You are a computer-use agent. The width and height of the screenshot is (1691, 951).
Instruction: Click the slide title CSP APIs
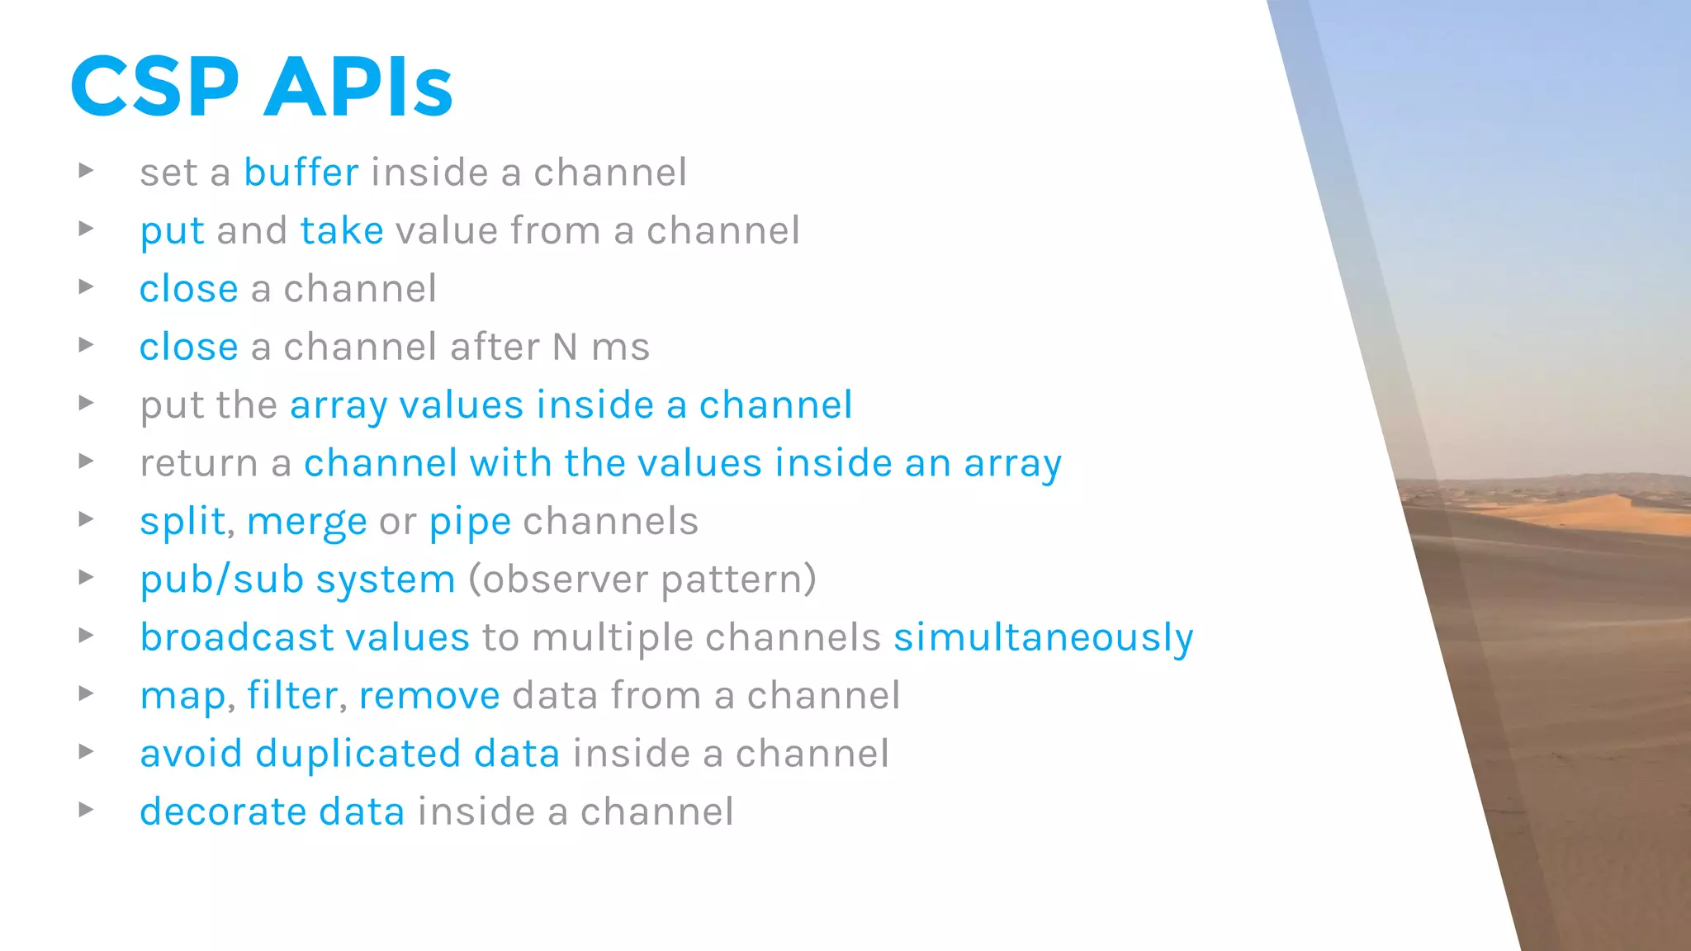[x=262, y=87]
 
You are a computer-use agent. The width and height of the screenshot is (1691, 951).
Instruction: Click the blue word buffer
[x=301, y=173]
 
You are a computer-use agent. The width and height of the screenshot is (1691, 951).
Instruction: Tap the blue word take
[x=342, y=230]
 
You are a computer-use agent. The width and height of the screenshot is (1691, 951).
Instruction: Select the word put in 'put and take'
[x=172, y=232]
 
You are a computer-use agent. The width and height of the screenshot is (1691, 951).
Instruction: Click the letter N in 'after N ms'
[x=565, y=347]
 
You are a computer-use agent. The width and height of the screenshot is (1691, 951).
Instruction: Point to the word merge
[x=306, y=523]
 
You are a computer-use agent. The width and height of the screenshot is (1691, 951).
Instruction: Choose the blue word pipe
[x=470, y=523]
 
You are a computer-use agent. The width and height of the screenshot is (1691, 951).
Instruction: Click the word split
[x=182, y=522]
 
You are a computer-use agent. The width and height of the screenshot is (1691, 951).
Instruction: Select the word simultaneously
[x=1043, y=638]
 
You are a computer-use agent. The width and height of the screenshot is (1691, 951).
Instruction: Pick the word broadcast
[x=237, y=637]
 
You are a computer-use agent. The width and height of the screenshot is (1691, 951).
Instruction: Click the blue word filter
[x=291, y=695]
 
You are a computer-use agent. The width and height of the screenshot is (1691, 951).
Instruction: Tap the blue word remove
[x=429, y=696]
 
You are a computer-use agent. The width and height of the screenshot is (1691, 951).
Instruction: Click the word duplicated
[x=358, y=754]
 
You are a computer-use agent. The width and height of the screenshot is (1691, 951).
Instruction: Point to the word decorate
[x=224, y=811]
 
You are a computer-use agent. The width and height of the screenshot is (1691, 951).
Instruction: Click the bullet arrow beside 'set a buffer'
[x=86, y=171]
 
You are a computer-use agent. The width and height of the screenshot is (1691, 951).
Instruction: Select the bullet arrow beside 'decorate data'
[x=86, y=810]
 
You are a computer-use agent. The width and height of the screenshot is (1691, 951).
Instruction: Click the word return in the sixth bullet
[x=199, y=464]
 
